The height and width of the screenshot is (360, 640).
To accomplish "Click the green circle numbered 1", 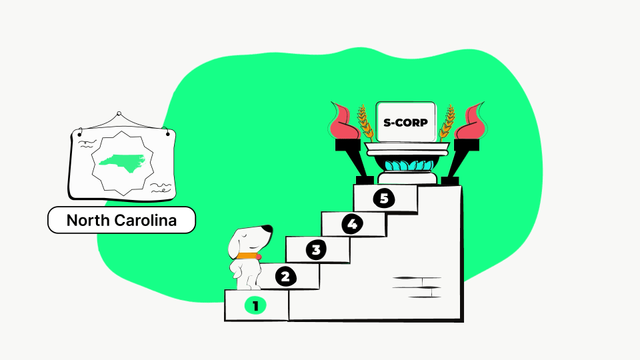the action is (x=255, y=306).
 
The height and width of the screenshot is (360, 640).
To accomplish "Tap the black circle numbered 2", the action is (x=285, y=277).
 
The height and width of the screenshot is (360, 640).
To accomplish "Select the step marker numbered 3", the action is (x=316, y=250).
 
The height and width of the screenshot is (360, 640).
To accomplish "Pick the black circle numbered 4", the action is (x=352, y=224).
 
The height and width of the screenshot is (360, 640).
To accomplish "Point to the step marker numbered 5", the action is (x=384, y=199).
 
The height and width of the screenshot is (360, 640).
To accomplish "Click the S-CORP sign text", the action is (x=405, y=123).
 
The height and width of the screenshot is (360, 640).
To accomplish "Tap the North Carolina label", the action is (x=121, y=221).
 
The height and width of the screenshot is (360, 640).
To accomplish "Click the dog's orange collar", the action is (x=247, y=256).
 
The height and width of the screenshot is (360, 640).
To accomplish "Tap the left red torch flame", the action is (x=345, y=121).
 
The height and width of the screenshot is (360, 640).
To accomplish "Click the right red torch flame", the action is (x=470, y=121).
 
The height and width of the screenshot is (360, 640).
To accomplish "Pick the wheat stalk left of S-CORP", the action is (x=365, y=123).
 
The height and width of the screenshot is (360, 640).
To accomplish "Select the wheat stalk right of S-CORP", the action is (x=447, y=123).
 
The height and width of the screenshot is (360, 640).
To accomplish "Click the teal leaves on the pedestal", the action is (x=409, y=166).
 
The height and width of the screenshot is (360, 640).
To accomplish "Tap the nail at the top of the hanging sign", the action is (x=119, y=114).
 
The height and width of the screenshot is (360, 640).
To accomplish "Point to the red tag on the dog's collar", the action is (x=259, y=257).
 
